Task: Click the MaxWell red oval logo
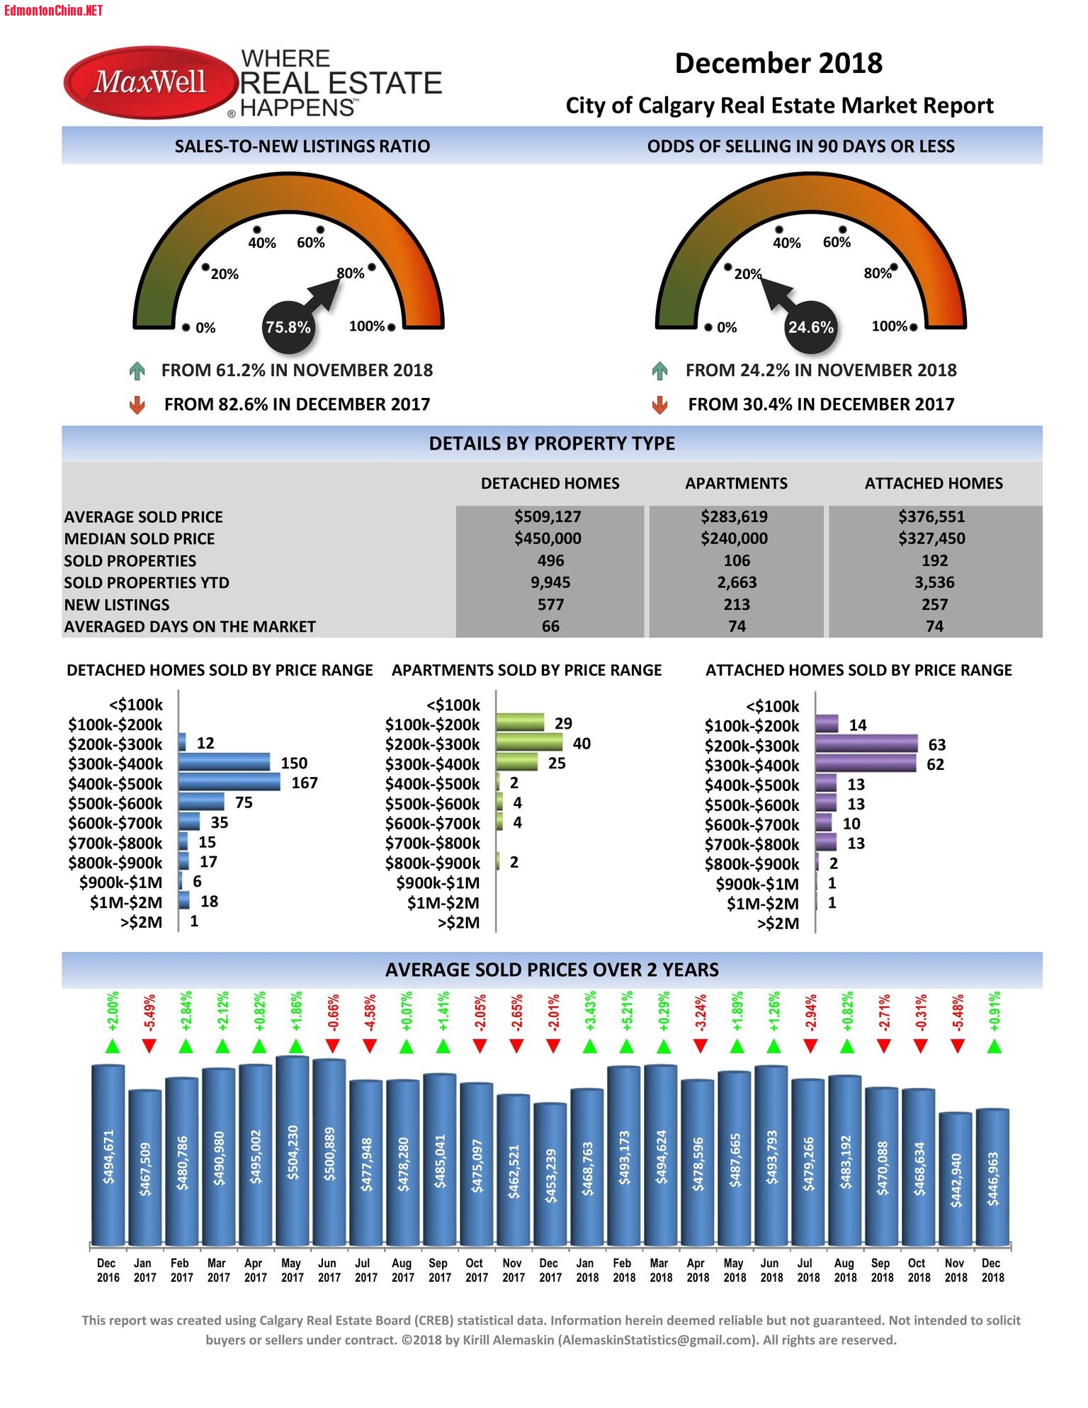tap(149, 83)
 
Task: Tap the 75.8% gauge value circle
tap(288, 327)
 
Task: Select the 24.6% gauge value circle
tap(810, 327)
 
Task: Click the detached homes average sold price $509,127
tap(548, 517)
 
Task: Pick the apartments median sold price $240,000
tap(734, 539)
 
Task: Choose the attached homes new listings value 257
tap(934, 605)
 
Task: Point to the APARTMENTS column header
tap(736, 484)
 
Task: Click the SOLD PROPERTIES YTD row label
tap(147, 583)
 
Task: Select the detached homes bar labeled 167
tap(229, 783)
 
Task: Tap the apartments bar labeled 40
tap(529, 743)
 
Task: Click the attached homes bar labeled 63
tap(866, 744)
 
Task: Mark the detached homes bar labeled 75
tap(201, 802)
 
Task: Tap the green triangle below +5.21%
tap(626, 1046)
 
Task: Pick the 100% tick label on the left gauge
tap(367, 327)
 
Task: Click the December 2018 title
tap(778, 64)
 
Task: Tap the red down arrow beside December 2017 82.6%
tap(137, 404)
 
